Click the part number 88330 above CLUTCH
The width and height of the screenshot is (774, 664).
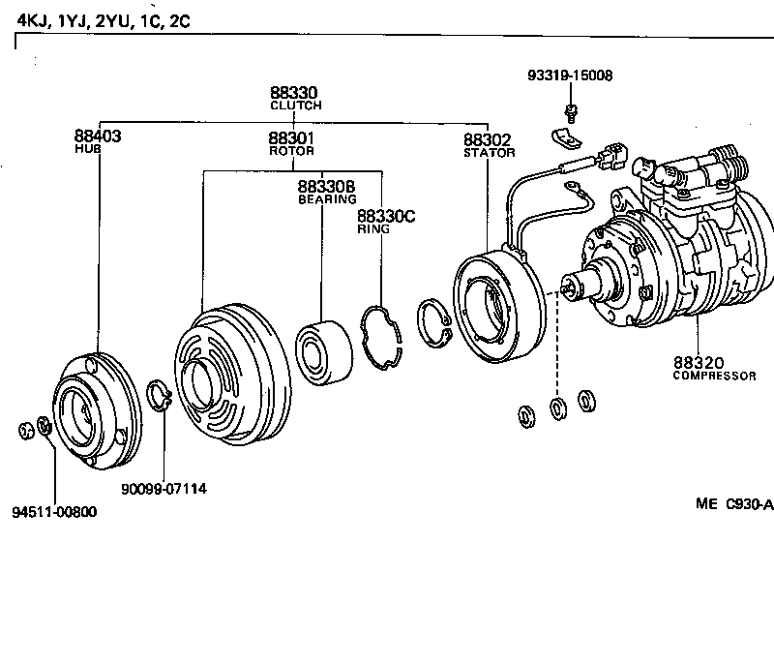[x=295, y=92]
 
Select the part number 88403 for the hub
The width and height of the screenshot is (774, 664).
[x=97, y=136]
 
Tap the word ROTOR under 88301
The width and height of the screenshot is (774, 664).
[x=291, y=152]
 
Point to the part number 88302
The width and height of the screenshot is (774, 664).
[x=487, y=139]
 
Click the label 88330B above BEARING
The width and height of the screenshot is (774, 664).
[x=326, y=186]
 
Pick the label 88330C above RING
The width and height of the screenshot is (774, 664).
[x=385, y=216]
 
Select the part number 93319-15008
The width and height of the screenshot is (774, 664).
[x=571, y=75]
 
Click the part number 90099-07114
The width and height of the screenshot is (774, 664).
[x=164, y=489]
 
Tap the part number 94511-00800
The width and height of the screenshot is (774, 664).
[x=55, y=512]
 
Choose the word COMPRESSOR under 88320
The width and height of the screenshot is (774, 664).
[x=714, y=376]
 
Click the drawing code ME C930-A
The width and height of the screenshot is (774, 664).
[x=733, y=503]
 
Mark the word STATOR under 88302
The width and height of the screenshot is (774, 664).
[x=489, y=153]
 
